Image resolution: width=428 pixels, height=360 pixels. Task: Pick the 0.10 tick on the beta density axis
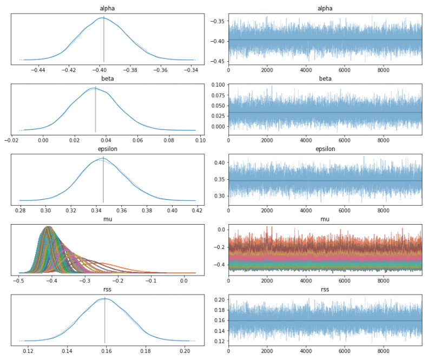tap(200, 140)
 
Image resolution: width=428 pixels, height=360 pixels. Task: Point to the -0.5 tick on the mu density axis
tap(19, 281)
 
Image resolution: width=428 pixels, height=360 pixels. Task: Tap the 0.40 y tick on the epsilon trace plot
tap(219, 162)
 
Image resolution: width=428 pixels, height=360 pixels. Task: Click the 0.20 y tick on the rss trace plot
tap(219, 299)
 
